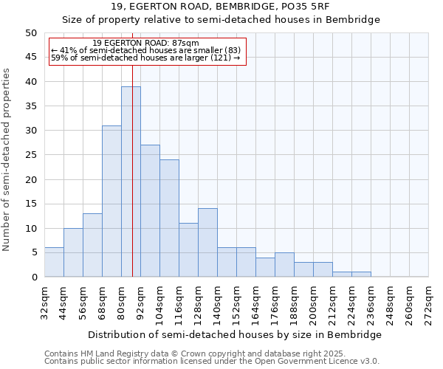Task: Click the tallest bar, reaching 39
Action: pyautogui.click(x=131, y=182)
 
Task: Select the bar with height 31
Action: pyautogui.click(x=111, y=201)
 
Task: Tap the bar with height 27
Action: pyautogui.click(x=150, y=211)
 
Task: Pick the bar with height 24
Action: pyautogui.click(x=169, y=218)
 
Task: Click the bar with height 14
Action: pyautogui.click(x=207, y=243)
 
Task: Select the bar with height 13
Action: pyautogui.click(x=92, y=245)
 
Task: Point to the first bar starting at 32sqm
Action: pyautogui.click(x=54, y=262)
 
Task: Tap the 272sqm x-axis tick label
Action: pyautogui.click(x=429, y=303)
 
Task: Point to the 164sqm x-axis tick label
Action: pyautogui.click(x=256, y=303)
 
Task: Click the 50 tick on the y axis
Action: pyautogui.click(x=31, y=33)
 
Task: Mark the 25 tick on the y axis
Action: pyautogui.click(x=31, y=155)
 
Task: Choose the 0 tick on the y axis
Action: pyautogui.click(x=34, y=277)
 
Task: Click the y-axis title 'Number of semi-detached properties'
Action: pyautogui.click(x=7, y=159)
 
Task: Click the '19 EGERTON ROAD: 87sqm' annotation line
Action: pyautogui.click(x=147, y=44)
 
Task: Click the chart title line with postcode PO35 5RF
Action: pyautogui.click(x=221, y=7)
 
